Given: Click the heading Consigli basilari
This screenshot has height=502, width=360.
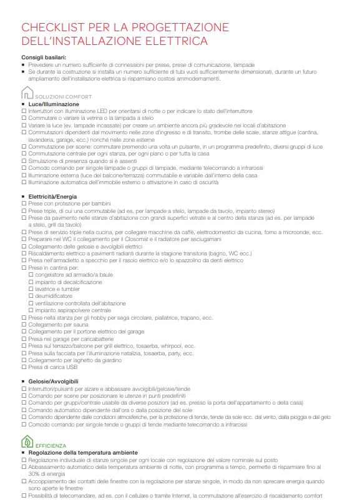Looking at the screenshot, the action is point(43,57).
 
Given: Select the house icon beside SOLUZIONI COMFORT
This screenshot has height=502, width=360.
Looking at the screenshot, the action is point(27,94).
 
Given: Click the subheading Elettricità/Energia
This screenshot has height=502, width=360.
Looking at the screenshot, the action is point(52,197).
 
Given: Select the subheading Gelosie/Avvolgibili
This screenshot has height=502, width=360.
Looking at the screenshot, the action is point(53,381).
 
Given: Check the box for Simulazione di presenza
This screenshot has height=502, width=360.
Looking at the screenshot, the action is point(24,160).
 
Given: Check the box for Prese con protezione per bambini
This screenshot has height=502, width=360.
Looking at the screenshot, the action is point(24,204).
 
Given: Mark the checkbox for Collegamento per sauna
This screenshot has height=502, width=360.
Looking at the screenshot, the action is point(24,325).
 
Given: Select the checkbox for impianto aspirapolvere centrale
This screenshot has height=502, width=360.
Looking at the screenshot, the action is point(31,310).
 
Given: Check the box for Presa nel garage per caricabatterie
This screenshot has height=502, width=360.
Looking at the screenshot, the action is point(24,338).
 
